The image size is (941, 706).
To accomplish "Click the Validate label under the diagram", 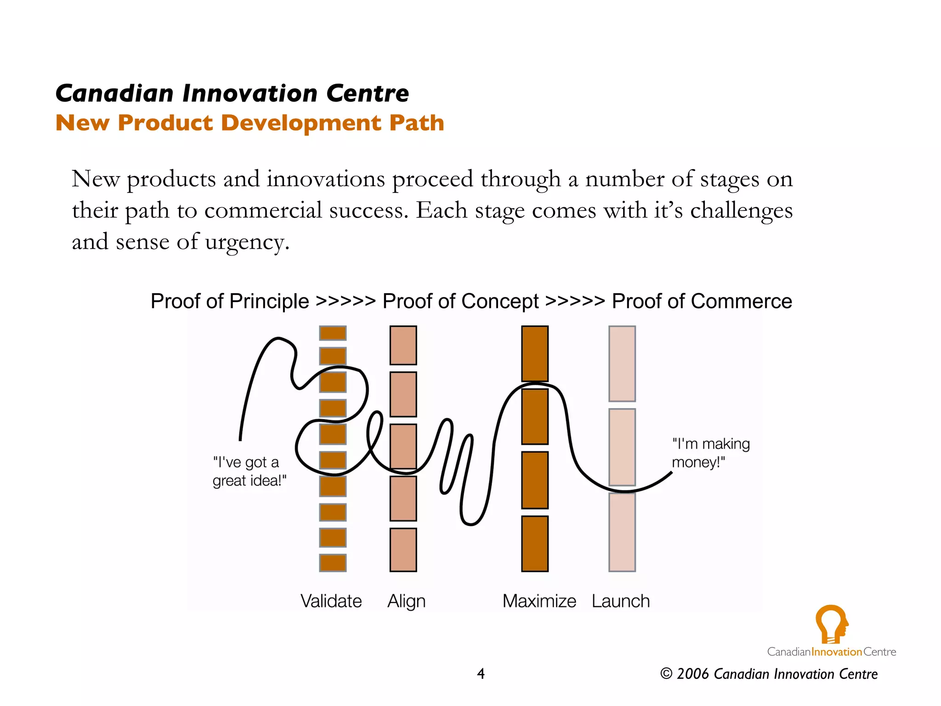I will (x=331, y=601).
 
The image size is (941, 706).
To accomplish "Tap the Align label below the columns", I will (x=406, y=601).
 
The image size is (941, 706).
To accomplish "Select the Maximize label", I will (x=539, y=601).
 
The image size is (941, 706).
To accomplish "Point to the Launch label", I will (x=620, y=601).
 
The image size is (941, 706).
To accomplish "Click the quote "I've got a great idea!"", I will (x=249, y=471).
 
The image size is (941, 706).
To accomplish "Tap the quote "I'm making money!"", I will (x=710, y=453).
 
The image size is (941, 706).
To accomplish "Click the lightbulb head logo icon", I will (x=831, y=624).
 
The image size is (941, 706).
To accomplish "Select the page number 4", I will (x=481, y=674).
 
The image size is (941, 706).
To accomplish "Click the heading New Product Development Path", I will (x=249, y=123).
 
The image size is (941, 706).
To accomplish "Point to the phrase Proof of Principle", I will (x=230, y=302).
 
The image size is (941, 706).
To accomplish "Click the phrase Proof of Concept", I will (x=460, y=302).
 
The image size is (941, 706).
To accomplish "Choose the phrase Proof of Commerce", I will (x=702, y=302).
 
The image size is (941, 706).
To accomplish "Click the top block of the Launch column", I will (x=622, y=364).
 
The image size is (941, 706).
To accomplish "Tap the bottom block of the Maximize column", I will (x=535, y=543).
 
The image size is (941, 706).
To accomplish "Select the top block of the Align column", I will (x=403, y=345).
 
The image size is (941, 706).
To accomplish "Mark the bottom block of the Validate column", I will (x=333, y=563).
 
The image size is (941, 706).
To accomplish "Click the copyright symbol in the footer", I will (x=666, y=674).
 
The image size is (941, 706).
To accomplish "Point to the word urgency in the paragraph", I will (x=247, y=242).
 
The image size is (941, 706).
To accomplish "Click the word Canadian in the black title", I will (x=114, y=93).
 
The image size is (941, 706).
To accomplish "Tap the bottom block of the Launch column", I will (x=622, y=532).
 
